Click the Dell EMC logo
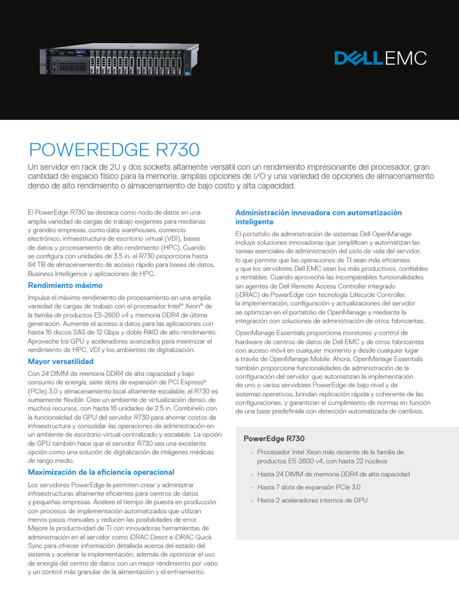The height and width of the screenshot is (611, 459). [x=380, y=58]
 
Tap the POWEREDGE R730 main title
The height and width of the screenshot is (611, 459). [x=114, y=149]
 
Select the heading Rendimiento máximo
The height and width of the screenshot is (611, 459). [x=65, y=285]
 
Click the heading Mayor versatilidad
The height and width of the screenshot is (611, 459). [x=60, y=361]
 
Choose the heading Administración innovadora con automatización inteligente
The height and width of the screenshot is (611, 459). [x=319, y=217]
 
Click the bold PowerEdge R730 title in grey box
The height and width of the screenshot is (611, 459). [x=274, y=439]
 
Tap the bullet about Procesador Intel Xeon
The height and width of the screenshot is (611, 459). [x=331, y=456]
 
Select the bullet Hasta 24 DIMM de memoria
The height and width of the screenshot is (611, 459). [x=333, y=474]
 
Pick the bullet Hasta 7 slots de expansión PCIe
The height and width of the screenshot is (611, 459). [x=308, y=487]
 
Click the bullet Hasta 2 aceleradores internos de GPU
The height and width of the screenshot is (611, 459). [x=312, y=500]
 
